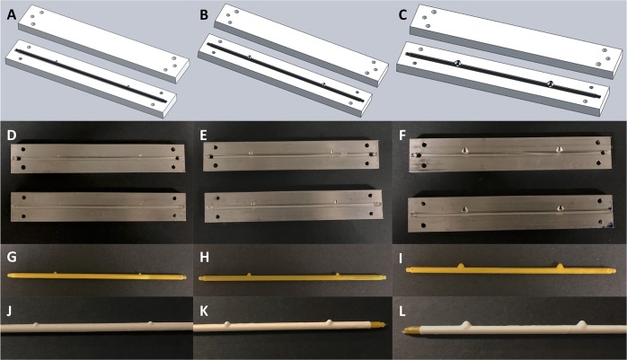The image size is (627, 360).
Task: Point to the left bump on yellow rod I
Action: (461, 265)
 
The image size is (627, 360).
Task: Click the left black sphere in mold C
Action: (456, 63)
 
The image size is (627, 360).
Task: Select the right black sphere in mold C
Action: (548, 83)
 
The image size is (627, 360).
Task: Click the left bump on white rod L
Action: (466, 325)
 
